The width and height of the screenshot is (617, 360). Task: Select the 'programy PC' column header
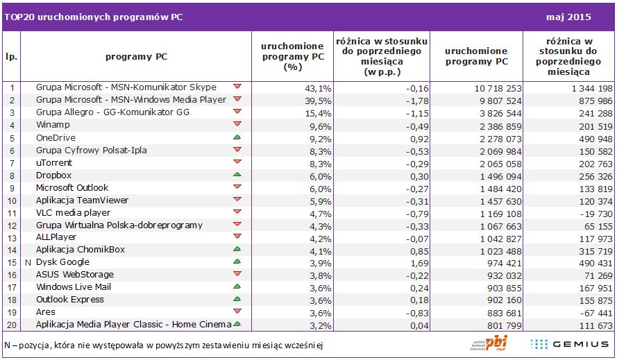click(x=136, y=57)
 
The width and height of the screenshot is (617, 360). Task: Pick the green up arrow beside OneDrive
click(x=237, y=137)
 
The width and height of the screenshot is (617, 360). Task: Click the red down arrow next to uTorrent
click(x=237, y=162)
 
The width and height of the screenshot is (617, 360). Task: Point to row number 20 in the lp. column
click(x=12, y=325)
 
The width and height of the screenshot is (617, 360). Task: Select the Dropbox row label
click(x=53, y=175)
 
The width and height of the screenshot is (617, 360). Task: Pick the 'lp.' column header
click(x=12, y=57)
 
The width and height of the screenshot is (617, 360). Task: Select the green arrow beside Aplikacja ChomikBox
click(x=237, y=249)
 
